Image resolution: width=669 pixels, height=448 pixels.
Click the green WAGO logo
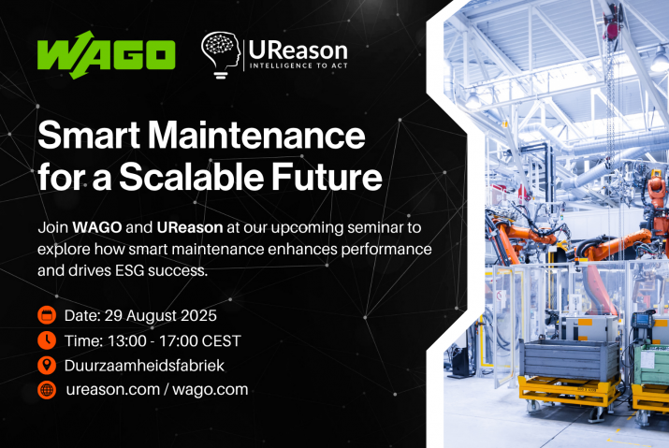click(107, 54)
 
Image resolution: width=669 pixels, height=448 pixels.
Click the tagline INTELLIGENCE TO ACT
click(298, 65)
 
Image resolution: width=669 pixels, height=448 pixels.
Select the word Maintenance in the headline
click(256, 136)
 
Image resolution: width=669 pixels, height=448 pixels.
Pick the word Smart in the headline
click(89, 136)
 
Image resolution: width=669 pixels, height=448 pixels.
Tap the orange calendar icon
click(47, 315)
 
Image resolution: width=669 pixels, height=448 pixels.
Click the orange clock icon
click(47, 340)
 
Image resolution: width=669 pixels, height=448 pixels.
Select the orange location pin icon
click(47, 365)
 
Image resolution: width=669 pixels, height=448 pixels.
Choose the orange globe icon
click(47, 390)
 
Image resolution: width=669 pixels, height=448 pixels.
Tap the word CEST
click(221, 340)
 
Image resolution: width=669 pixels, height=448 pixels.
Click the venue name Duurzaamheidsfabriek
click(144, 366)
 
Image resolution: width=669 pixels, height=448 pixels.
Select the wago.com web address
click(211, 390)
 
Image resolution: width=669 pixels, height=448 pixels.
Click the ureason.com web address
click(113, 390)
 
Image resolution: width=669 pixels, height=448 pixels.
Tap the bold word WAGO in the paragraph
click(97, 227)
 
